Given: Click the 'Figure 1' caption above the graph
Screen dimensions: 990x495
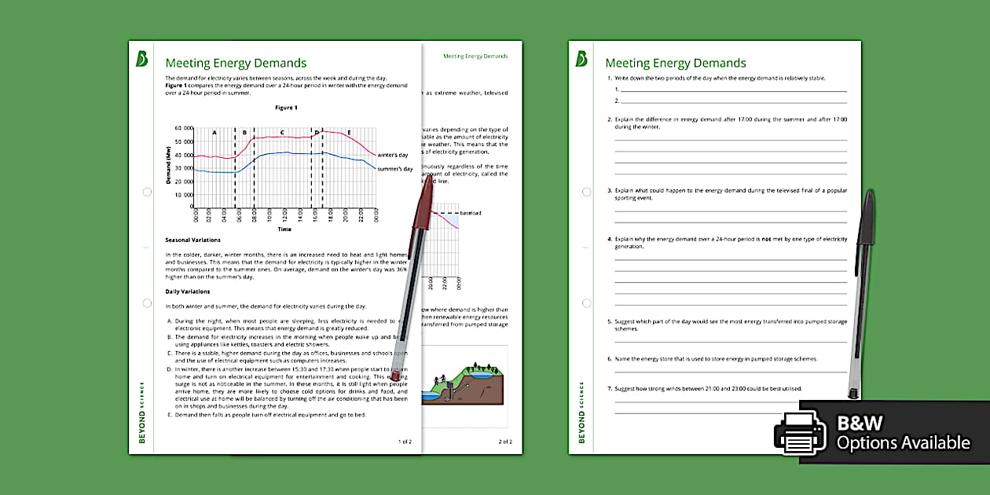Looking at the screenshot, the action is tap(286, 108).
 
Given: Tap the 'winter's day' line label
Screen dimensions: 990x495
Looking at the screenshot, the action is tap(393, 155).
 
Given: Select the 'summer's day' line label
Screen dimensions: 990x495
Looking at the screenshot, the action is tap(395, 169).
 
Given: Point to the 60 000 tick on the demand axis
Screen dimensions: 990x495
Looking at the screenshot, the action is tap(183, 127).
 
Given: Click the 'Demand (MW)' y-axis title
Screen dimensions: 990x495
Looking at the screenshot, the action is tap(168, 165).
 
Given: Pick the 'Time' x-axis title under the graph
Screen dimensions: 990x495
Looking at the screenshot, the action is tap(284, 229).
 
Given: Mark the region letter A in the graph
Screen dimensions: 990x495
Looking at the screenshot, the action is tap(214, 133).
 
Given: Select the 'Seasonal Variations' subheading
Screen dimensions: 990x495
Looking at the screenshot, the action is tap(192, 240).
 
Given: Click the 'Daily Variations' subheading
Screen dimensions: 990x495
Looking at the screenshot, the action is tap(187, 291).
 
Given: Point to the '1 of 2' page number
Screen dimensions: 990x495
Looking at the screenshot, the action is tap(405, 442).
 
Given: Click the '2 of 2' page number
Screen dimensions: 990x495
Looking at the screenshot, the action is tap(505, 442).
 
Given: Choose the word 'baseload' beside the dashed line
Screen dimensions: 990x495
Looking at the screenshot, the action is tap(471, 213).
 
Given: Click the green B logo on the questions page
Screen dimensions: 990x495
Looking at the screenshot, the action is tap(582, 59).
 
